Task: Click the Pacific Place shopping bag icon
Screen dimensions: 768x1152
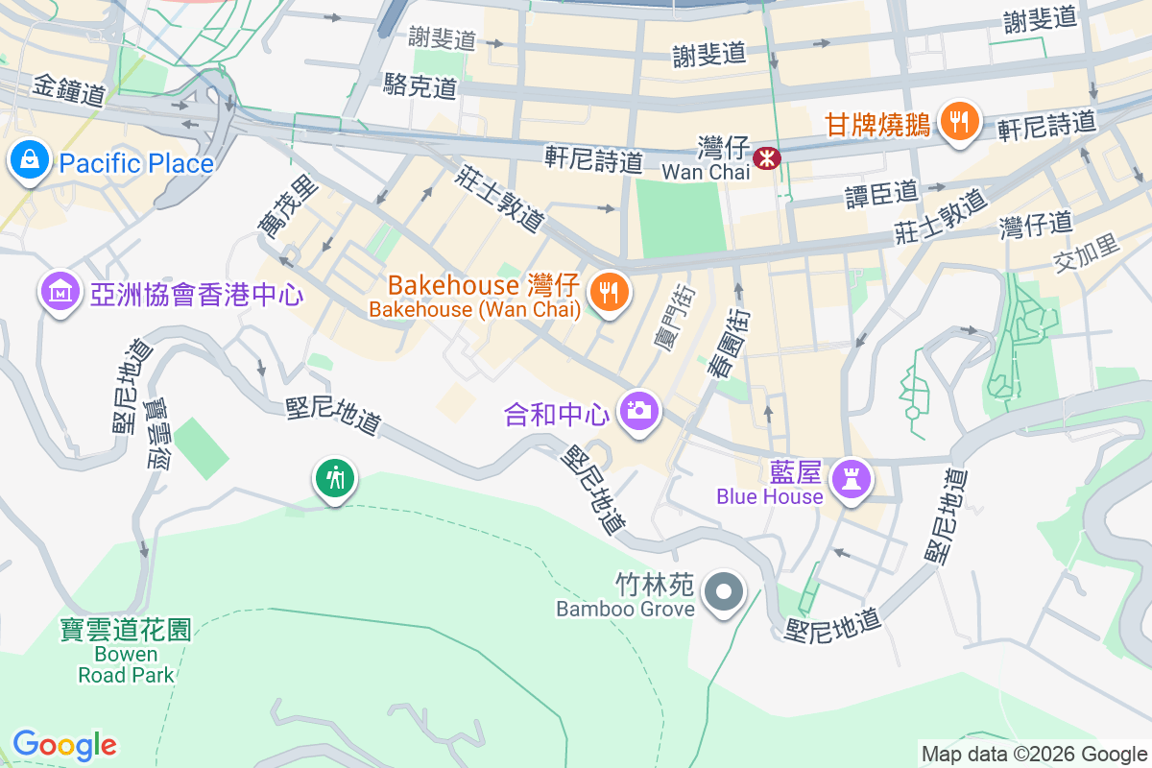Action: [x=31, y=160]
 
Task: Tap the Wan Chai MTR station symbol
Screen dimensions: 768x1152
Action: [x=767, y=157]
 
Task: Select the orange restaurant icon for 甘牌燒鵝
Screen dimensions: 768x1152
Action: [x=958, y=122]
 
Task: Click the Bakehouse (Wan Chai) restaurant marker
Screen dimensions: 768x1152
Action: [x=608, y=292]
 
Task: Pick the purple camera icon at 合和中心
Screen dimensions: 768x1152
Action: [x=638, y=411]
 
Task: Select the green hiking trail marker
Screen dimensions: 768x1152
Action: [x=335, y=476]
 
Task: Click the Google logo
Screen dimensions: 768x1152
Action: [x=64, y=745]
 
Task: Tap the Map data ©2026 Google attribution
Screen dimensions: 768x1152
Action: [x=1034, y=754]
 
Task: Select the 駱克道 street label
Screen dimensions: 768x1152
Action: [x=420, y=85]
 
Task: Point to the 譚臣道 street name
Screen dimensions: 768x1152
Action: [x=881, y=192]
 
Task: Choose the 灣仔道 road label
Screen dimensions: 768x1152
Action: [x=1035, y=225]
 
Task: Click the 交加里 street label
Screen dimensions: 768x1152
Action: [x=1087, y=252]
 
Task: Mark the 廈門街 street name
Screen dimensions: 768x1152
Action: [x=672, y=317]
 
